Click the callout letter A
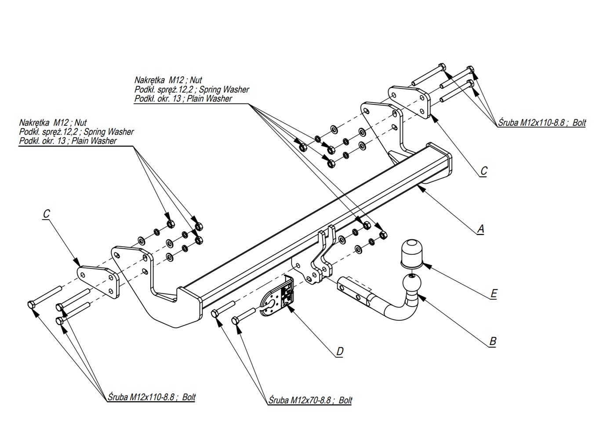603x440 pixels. click(x=480, y=229)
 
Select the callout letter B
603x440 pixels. click(x=493, y=341)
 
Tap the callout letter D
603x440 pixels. click(x=340, y=352)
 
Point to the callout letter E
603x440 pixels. click(x=494, y=293)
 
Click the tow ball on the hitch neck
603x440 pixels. click(x=412, y=283)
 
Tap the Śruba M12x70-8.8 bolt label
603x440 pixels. click(x=310, y=400)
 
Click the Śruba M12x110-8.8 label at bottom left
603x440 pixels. click(x=152, y=397)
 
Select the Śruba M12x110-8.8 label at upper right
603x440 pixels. click(x=542, y=123)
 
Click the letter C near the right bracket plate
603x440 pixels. click(x=484, y=171)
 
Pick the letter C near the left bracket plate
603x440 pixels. click(x=46, y=214)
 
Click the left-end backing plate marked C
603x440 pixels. click(x=99, y=282)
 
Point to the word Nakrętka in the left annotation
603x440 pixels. click(x=34, y=123)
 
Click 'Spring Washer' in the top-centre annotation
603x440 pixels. click(x=224, y=89)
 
